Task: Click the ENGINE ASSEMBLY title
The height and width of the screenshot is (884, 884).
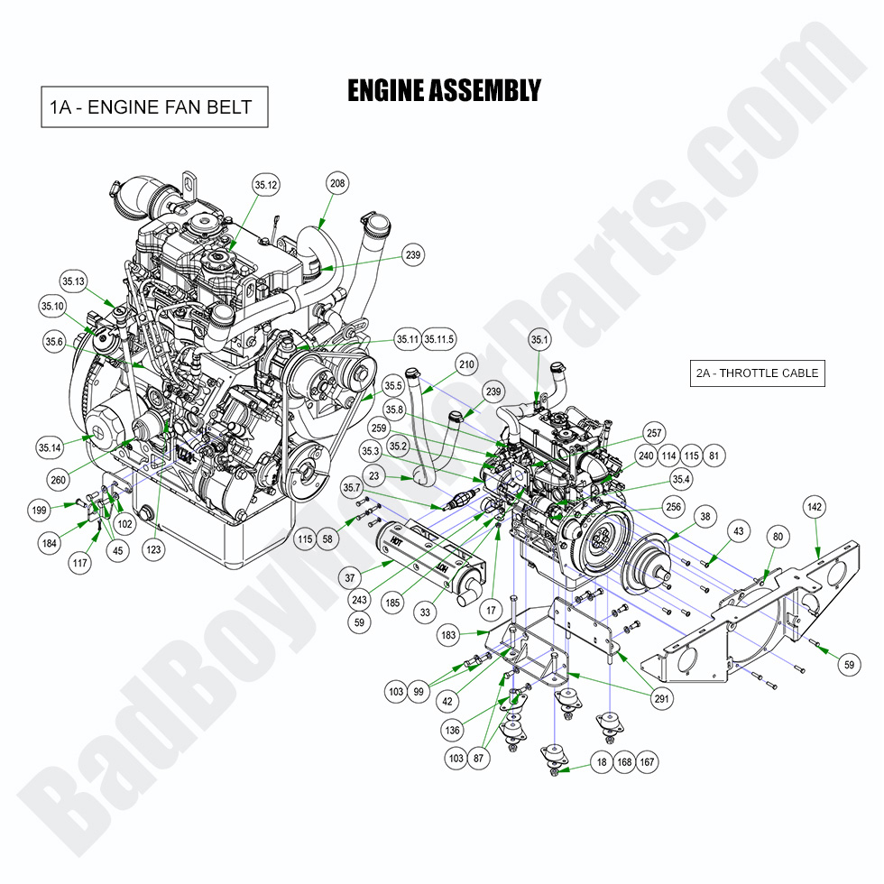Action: click(444, 91)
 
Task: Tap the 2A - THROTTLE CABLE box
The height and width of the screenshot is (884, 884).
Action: click(757, 373)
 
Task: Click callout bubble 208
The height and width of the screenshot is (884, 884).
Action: click(337, 184)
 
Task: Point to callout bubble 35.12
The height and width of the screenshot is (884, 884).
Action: click(266, 186)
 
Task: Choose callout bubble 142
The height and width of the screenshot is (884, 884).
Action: click(815, 508)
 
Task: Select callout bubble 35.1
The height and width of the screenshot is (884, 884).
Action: click(539, 340)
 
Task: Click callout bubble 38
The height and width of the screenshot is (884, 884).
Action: click(704, 519)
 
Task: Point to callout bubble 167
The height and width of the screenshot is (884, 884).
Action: click(647, 762)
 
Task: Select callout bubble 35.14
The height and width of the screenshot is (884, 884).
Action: click(50, 447)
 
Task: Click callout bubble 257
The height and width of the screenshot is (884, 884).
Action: click(653, 434)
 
